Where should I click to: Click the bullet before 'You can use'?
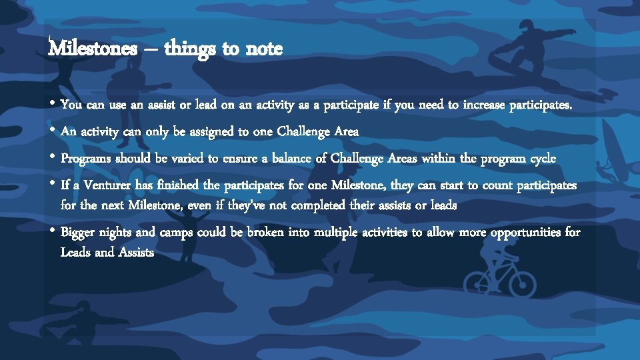(52, 104)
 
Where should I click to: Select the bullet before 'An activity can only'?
(52, 131)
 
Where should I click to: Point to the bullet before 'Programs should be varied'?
(52, 159)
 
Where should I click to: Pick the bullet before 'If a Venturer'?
(52, 184)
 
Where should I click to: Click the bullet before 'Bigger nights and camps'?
(52, 232)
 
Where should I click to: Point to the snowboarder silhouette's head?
(527, 27)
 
